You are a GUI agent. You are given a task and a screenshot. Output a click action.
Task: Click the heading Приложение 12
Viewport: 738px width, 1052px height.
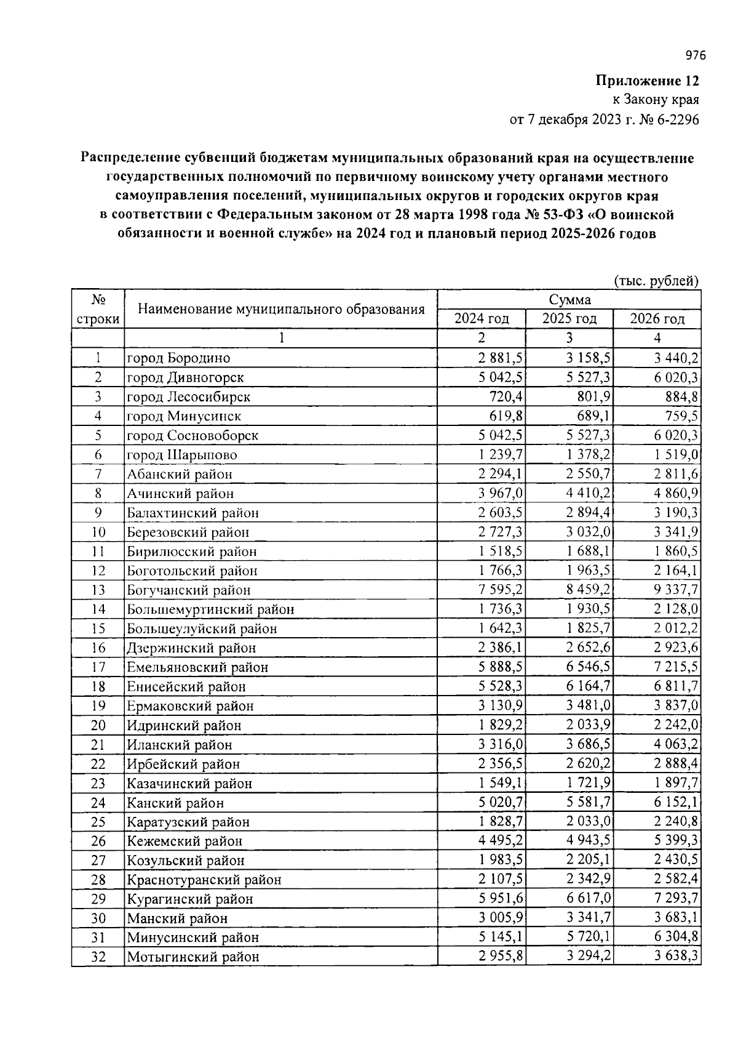point(647,81)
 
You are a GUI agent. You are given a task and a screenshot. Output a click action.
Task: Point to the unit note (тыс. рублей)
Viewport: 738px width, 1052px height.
point(657,281)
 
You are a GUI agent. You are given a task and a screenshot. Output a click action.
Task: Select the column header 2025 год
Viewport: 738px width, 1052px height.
point(569,319)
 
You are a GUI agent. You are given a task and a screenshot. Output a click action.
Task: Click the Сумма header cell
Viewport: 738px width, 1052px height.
point(569,300)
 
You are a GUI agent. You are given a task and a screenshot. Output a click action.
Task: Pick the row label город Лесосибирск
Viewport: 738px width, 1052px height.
point(189,397)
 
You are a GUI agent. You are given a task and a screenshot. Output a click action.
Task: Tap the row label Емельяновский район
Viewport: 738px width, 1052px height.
point(197,667)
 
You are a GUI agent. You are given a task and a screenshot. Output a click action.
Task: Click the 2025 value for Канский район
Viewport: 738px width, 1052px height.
point(587,803)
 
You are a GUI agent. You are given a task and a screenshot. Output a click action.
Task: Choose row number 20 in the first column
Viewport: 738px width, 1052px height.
point(98,725)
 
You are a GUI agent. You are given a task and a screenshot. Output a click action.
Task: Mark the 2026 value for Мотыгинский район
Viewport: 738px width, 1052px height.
point(675,957)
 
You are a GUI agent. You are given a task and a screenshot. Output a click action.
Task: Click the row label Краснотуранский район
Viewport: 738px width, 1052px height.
point(204,880)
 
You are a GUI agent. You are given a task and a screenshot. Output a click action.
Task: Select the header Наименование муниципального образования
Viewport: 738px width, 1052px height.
point(281,309)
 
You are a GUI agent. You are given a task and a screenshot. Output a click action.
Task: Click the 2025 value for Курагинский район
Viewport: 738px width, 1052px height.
point(587,899)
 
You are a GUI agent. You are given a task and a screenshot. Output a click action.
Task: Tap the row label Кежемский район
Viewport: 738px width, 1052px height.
point(184,841)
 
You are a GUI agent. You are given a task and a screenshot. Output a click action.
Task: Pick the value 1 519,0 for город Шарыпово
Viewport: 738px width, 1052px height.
point(675,455)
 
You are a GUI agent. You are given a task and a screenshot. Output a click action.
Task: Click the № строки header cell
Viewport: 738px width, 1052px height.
point(98,309)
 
